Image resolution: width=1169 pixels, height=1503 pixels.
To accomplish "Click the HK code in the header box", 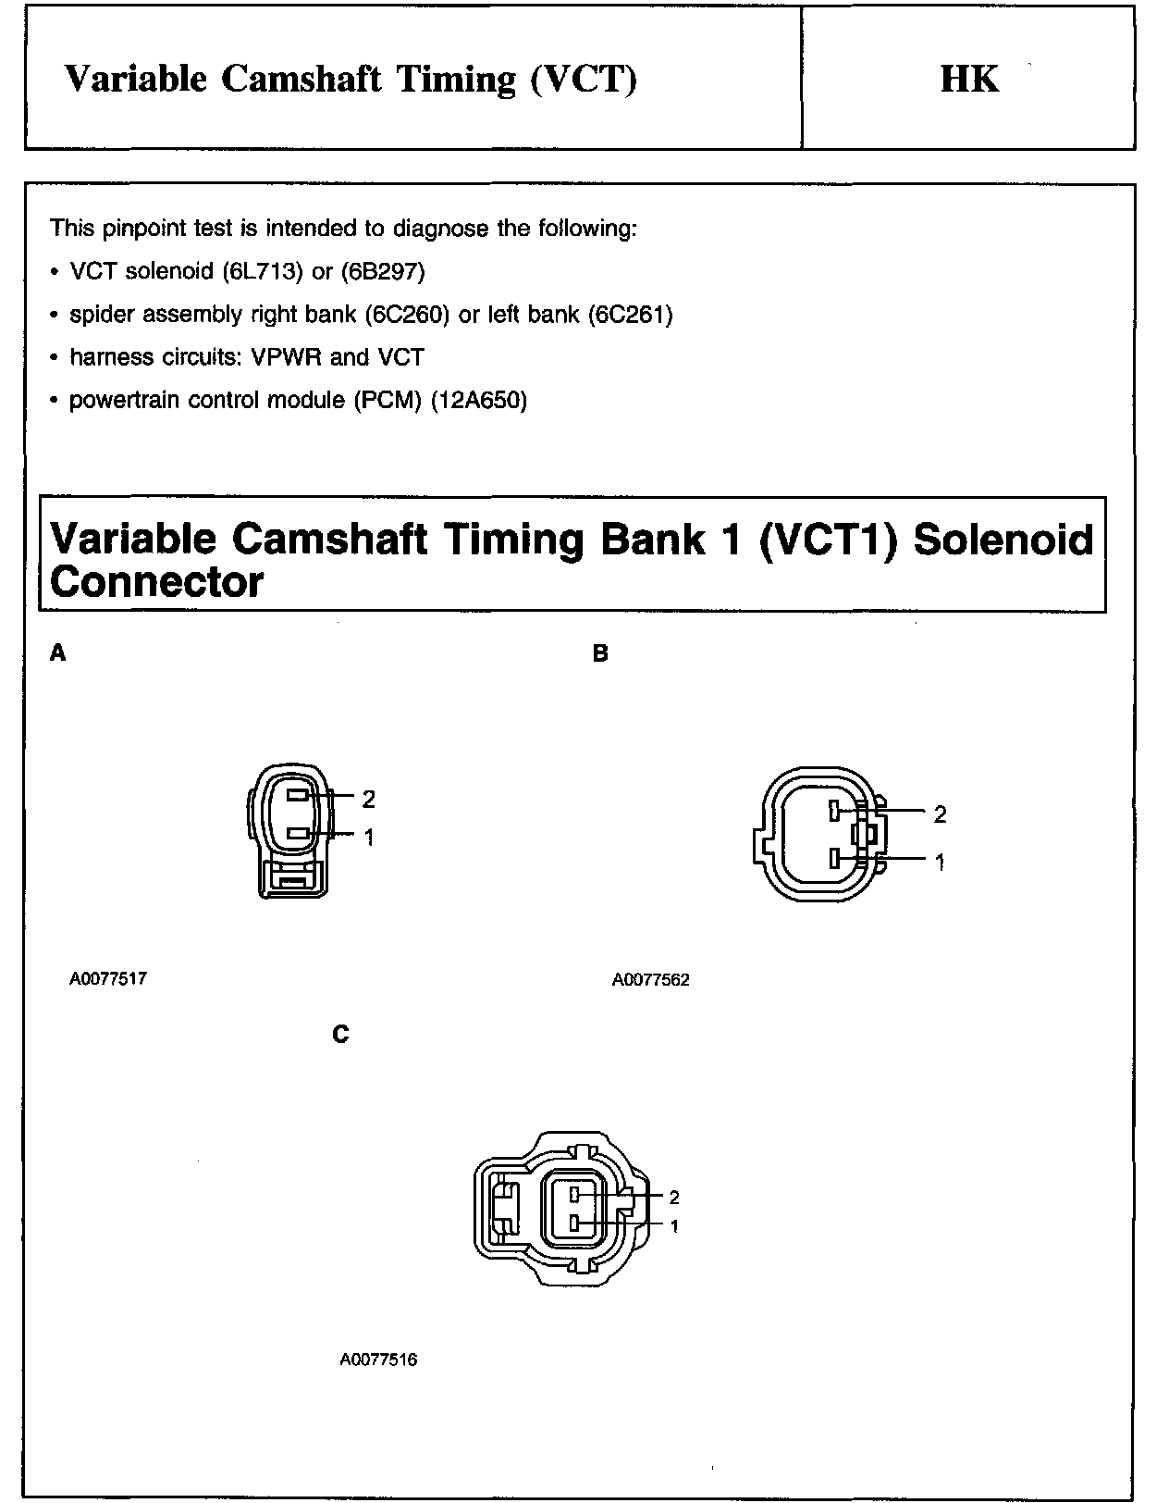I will (969, 79).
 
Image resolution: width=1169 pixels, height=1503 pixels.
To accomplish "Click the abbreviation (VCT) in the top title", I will (584, 79).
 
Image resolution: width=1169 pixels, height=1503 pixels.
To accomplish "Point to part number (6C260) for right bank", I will (407, 315).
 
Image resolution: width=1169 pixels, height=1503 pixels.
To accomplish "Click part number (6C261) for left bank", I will (630, 315).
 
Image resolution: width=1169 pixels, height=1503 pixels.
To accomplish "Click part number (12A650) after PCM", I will (479, 400).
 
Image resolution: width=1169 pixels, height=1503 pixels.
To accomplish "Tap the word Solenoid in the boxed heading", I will (1003, 539).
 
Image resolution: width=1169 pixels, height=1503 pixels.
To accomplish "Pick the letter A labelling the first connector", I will (57, 653).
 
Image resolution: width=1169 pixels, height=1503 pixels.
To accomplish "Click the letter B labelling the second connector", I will (600, 653).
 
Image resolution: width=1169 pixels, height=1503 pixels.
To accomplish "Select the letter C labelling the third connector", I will (340, 1034).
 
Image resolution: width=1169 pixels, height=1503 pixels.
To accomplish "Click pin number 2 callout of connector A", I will (369, 798).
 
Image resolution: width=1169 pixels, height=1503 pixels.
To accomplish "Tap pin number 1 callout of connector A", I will (369, 838).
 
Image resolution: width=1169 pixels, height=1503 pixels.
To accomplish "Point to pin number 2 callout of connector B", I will (941, 814).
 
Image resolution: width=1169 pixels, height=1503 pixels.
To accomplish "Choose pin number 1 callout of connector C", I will (674, 1226).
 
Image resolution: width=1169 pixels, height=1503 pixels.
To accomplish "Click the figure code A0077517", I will (107, 978).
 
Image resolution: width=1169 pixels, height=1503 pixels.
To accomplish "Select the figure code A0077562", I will (650, 980).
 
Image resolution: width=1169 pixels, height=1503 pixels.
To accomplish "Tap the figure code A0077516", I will (378, 1360).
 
